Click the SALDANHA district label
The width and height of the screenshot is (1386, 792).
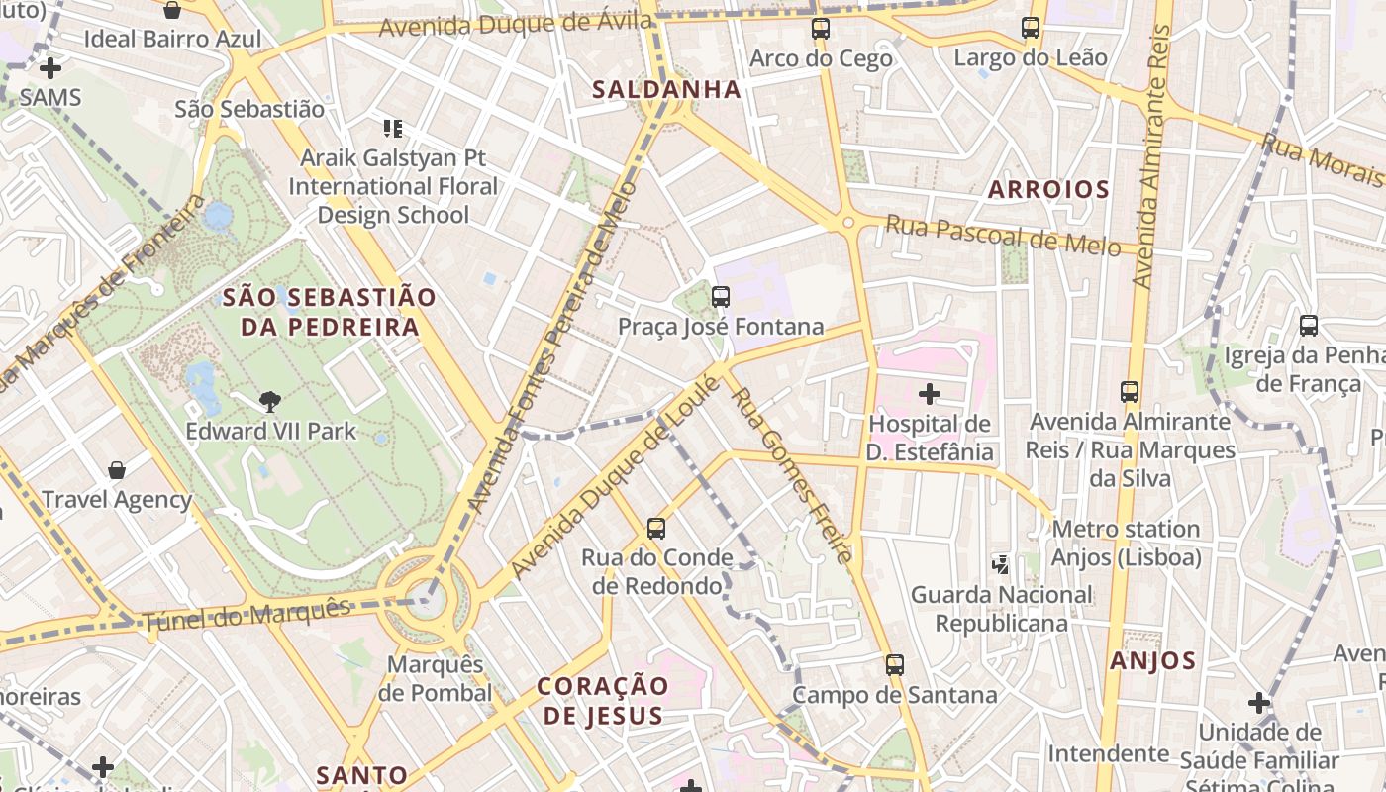pos(666,89)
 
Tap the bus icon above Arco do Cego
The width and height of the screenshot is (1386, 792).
pos(821,29)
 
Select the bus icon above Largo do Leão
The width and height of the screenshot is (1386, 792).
pos(1031,28)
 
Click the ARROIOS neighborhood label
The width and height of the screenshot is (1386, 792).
pos(1048,189)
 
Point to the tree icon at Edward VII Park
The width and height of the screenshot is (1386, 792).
pos(269,401)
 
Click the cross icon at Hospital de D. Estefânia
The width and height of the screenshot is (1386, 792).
pos(929,395)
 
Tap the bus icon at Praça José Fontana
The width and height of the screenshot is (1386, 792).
pos(721,296)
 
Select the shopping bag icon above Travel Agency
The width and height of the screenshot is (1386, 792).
pos(117,470)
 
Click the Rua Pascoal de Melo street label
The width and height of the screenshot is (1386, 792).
pos(1002,235)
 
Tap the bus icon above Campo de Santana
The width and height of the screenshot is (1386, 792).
pos(895,665)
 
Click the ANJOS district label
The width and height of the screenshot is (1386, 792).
pos(1152,660)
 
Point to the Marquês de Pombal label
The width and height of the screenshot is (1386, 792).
pos(435,678)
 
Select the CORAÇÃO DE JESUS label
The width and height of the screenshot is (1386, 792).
pos(603,700)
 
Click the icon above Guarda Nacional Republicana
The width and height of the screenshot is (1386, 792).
pos(1002,564)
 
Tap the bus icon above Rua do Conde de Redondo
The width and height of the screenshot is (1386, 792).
pos(655,529)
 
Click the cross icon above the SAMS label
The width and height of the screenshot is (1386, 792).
pos(49,68)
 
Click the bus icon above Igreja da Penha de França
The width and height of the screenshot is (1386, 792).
pos(1308,325)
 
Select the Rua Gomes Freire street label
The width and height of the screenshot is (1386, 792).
pos(791,474)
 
